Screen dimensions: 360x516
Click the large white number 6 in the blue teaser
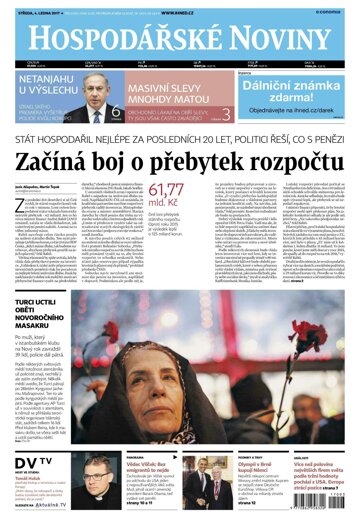(x=116, y=113)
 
